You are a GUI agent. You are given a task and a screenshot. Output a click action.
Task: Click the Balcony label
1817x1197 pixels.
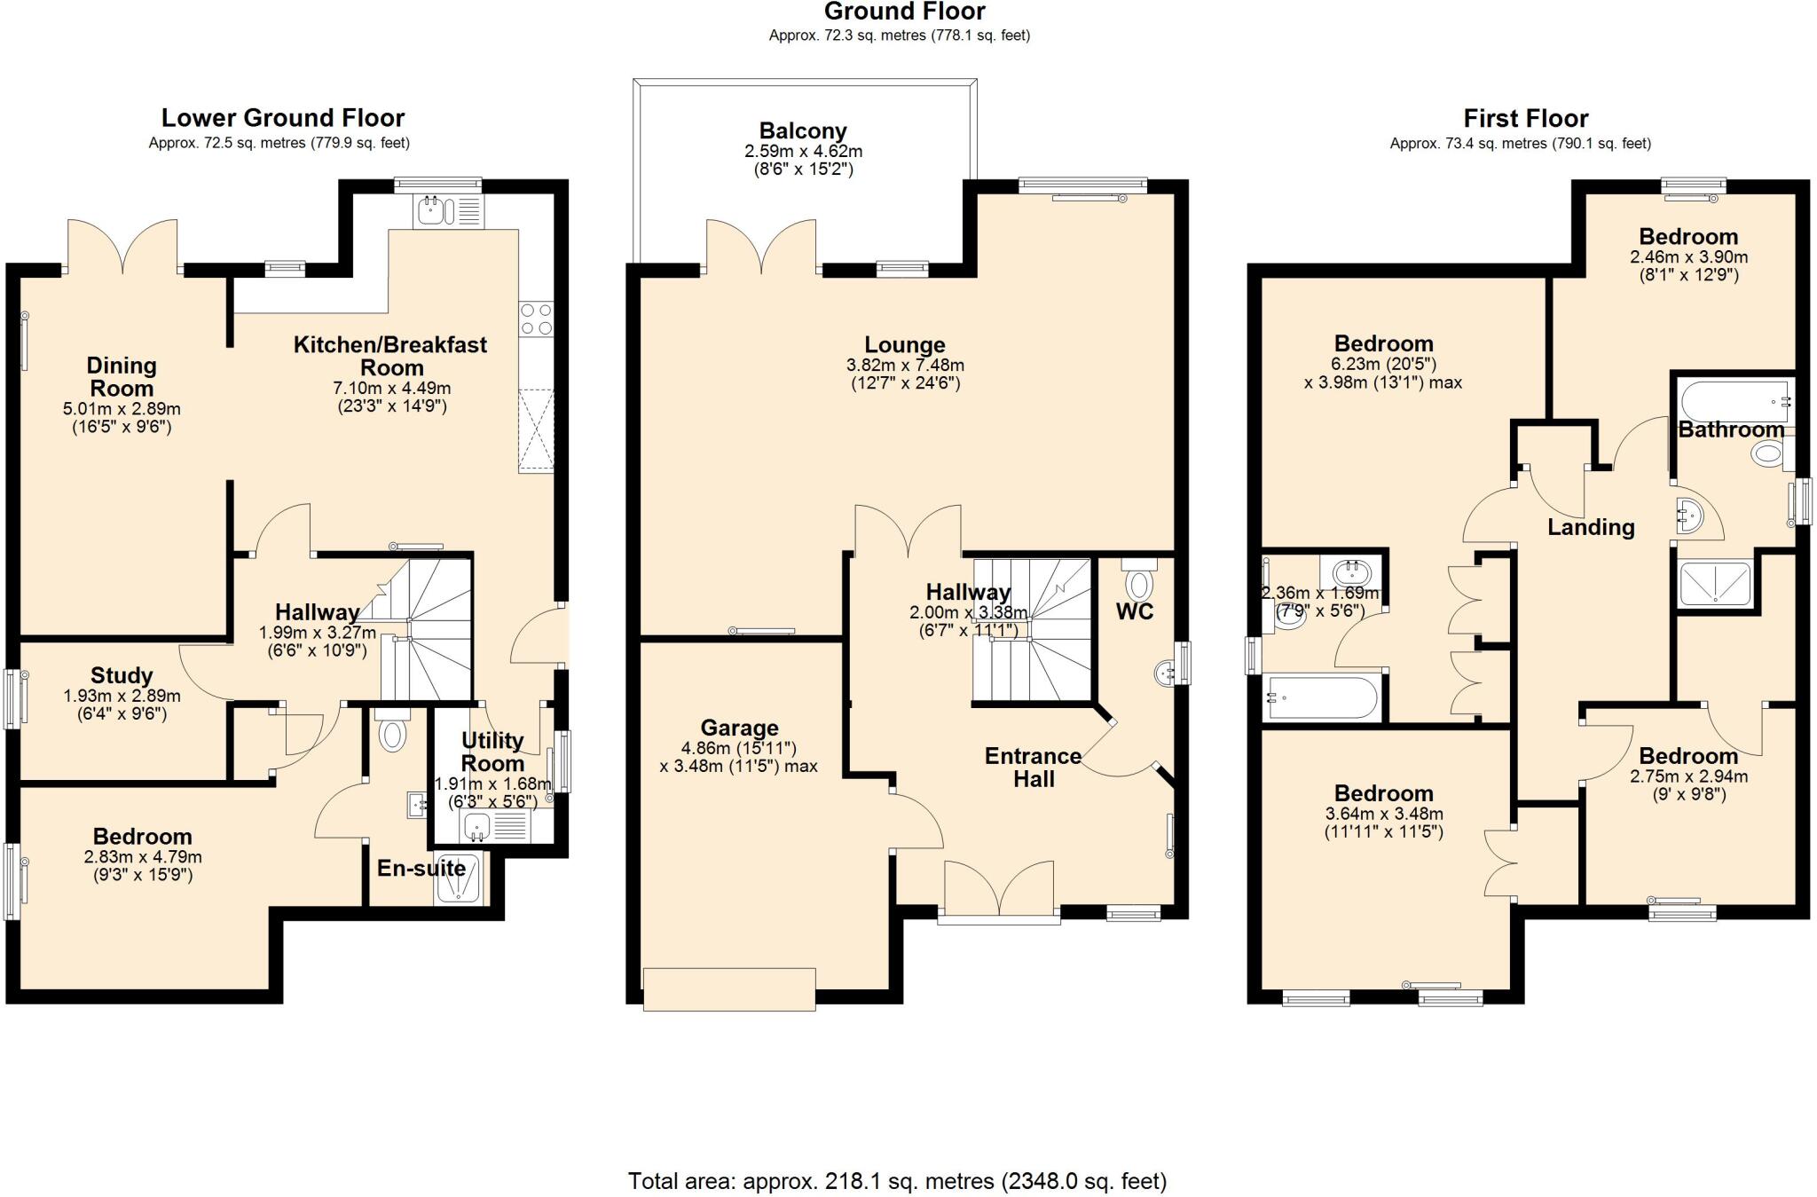pyautogui.click(x=802, y=131)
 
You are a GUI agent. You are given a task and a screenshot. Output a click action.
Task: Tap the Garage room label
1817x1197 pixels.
pyautogui.click(x=738, y=728)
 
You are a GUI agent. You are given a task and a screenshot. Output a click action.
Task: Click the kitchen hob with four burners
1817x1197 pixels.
pyautogui.click(x=536, y=319)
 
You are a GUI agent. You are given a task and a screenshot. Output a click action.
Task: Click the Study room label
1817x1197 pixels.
pyautogui.click(x=122, y=676)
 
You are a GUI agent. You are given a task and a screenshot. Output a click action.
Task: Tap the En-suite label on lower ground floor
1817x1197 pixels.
pyautogui.click(x=421, y=868)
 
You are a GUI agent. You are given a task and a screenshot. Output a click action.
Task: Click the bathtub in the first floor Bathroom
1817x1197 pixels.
pyautogui.click(x=1731, y=402)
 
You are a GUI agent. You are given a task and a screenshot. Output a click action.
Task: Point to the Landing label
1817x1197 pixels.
pyautogui.click(x=1591, y=527)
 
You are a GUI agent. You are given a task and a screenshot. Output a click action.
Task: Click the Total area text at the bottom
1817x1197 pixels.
pyautogui.click(x=897, y=1181)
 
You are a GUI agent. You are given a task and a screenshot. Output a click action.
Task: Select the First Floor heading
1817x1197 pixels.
pyautogui.click(x=1525, y=118)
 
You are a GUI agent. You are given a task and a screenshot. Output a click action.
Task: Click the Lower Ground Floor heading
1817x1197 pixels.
pyautogui.click(x=282, y=117)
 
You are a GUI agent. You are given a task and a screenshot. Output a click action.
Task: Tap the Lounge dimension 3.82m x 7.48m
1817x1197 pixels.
pyautogui.click(x=905, y=365)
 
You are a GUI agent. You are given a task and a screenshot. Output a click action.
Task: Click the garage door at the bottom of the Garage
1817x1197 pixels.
pyautogui.click(x=728, y=988)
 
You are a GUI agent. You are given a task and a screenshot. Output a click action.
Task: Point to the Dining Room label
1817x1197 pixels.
pyautogui.click(x=122, y=377)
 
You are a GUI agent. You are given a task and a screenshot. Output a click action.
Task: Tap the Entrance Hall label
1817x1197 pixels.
pyautogui.click(x=1034, y=768)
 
